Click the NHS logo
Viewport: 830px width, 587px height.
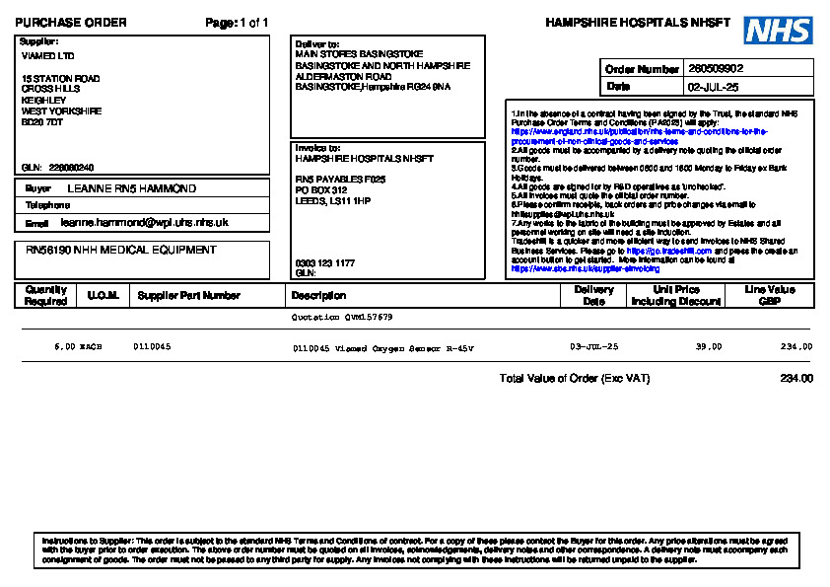(x=778, y=31)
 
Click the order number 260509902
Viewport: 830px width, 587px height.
(x=716, y=69)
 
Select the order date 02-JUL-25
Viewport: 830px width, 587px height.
(x=713, y=87)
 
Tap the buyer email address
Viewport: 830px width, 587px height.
(x=144, y=223)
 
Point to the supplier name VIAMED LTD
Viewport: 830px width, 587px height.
(x=47, y=56)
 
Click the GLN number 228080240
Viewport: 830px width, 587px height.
(x=71, y=167)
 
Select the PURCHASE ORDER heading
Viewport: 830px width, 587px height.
(x=71, y=23)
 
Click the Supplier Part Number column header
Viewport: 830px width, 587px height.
(x=188, y=295)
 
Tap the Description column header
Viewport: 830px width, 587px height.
(x=318, y=295)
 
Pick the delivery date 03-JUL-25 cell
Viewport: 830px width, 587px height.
(x=593, y=347)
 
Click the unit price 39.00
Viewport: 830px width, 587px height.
(x=708, y=347)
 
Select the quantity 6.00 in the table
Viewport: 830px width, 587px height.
(x=65, y=347)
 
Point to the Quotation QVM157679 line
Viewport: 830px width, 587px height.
(x=342, y=318)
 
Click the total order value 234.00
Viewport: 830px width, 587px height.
(x=795, y=379)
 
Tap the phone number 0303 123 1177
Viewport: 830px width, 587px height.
(x=325, y=263)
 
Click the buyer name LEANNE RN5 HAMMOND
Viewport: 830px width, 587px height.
(x=131, y=188)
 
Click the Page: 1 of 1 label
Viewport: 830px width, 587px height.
(x=237, y=23)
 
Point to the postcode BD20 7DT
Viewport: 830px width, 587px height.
(x=42, y=122)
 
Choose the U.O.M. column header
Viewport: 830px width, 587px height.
(x=102, y=295)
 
